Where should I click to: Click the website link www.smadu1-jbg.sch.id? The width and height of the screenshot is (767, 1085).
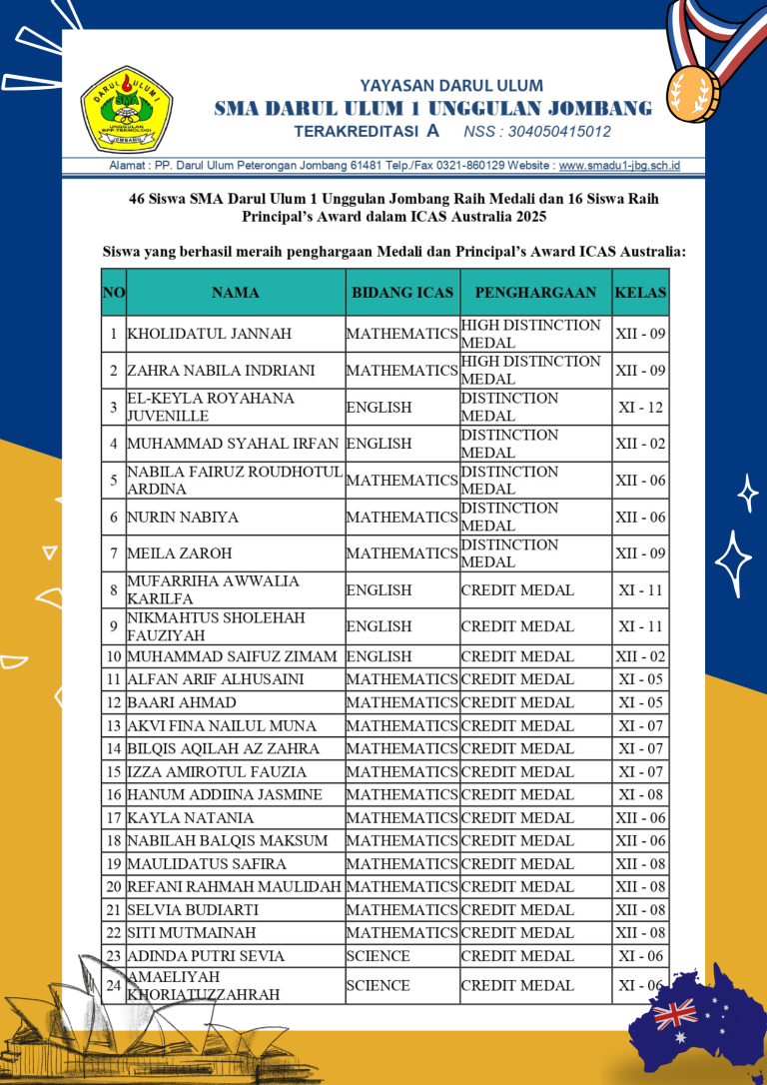coord(619,166)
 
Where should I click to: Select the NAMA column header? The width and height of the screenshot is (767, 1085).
coord(236,293)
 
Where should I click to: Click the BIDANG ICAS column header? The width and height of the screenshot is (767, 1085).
coord(402,293)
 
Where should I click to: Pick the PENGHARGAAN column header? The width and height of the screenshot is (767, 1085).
coord(535,293)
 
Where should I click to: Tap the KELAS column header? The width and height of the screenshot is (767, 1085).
coord(640,293)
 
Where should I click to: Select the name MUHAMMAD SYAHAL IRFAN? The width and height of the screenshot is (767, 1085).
coord(234,444)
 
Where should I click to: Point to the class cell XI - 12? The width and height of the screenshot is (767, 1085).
coord(640,407)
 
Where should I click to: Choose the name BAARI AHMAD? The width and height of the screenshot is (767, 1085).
coord(168,702)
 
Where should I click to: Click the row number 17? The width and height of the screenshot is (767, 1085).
coord(114,818)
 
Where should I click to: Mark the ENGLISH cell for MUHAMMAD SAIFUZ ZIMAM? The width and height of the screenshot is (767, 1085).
coord(380,656)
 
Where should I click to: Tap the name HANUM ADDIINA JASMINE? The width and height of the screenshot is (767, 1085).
coord(225,795)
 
